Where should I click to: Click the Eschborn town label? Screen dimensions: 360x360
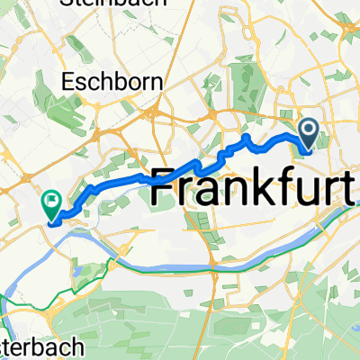pyautogui.click(x=112, y=82)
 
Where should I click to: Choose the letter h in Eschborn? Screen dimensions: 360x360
pyautogui.click(x=104, y=82)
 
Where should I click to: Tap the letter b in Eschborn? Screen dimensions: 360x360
pyautogui.click(x=118, y=82)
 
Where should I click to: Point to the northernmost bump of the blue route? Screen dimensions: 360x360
pyautogui.click(x=246, y=136)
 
